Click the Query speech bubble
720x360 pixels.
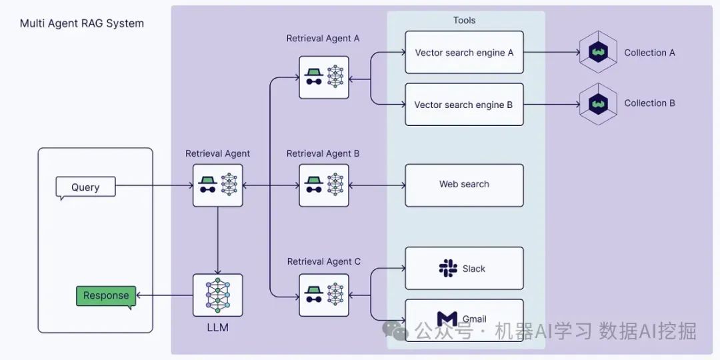tap(85, 187)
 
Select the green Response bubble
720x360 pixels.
tap(106, 296)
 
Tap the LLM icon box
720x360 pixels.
tap(218, 295)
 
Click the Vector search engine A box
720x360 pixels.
tap(464, 53)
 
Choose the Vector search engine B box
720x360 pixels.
tap(464, 105)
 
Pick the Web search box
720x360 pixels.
tap(464, 185)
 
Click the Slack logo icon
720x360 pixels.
tap(448, 269)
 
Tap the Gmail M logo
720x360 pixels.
tap(447, 319)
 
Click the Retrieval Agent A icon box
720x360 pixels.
tap(324, 77)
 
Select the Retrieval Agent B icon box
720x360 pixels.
tap(324, 185)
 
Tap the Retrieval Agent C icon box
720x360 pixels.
tap(324, 294)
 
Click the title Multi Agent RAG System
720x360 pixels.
tap(82, 23)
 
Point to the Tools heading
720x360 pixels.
tap(465, 21)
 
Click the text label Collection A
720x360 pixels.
tap(649, 53)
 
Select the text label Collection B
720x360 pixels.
tap(649, 103)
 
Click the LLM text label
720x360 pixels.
tap(218, 328)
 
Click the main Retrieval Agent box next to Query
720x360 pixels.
tap(218, 185)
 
